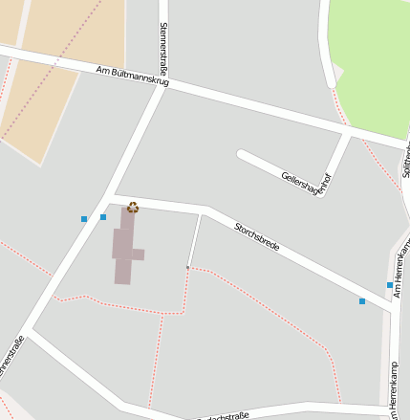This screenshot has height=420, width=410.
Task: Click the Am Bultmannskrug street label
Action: (133, 77)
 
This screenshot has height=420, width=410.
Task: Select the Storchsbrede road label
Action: (257, 236)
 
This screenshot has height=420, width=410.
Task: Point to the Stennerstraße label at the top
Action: (163, 44)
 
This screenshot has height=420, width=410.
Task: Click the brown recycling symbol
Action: (133, 207)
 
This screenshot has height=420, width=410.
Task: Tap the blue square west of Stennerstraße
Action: (84, 219)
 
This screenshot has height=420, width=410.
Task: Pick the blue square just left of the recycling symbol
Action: (103, 217)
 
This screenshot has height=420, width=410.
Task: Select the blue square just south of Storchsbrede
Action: (362, 301)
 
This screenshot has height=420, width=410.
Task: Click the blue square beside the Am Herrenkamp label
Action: (390, 285)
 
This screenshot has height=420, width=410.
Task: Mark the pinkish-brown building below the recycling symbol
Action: (125, 247)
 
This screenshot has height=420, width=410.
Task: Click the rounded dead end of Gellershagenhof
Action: (243, 154)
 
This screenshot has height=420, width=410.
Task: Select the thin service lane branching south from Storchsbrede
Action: (194, 239)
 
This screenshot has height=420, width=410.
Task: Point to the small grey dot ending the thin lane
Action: (187, 267)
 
